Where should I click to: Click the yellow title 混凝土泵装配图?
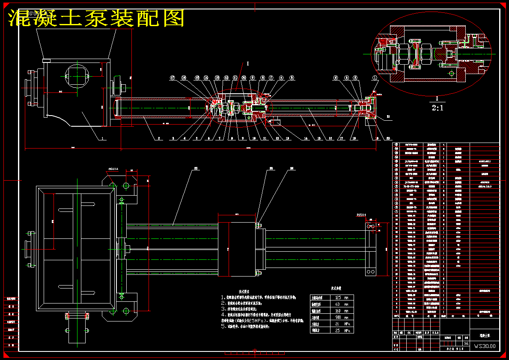(96, 18)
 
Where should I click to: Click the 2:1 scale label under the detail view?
(437, 109)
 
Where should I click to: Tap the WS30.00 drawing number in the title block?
(485, 345)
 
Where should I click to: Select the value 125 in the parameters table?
(338, 297)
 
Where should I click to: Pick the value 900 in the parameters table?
(338, 317)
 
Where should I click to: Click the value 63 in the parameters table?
(338, 304)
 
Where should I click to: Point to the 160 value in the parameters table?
(338, 311)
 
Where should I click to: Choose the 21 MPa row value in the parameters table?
(338, 324)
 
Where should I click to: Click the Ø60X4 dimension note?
(113, 169)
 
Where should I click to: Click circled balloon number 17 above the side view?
(173, 78)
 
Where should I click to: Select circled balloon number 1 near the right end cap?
(375, 78)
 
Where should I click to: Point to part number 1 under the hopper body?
(103, 139)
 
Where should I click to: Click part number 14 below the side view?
(306, 139)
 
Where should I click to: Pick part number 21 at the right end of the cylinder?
(388, 116)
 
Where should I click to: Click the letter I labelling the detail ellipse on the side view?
(247, 63)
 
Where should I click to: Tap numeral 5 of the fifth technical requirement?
(223, 326)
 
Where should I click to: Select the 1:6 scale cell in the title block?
(466, 343)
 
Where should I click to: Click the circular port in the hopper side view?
(77, 76)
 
